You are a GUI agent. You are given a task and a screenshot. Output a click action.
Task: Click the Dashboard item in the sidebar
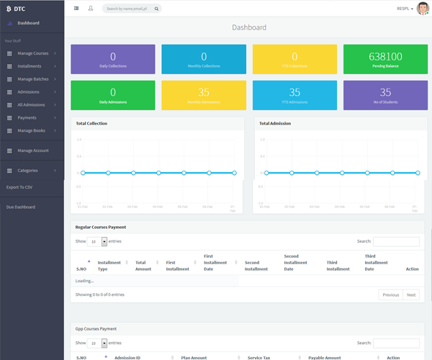28,23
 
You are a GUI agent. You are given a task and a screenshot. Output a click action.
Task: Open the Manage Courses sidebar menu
33,53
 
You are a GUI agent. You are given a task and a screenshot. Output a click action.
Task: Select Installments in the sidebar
30,66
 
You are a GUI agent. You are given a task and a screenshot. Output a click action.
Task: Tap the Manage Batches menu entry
33,79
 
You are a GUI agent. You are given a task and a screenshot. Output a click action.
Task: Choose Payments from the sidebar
27,117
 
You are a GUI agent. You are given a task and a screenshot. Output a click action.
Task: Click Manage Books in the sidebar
31,130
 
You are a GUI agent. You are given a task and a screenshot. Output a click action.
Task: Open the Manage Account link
33,150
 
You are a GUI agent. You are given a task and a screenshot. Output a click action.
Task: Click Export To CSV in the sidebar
19,187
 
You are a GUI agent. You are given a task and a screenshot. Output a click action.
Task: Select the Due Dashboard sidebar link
20,207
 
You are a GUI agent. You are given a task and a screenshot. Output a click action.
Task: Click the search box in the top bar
132,9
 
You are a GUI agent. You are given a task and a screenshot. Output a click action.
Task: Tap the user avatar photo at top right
423,9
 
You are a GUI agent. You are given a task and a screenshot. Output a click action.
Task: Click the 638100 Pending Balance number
385,56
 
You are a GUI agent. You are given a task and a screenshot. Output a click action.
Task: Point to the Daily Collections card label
113,66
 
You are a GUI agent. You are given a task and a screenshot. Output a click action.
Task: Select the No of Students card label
385,102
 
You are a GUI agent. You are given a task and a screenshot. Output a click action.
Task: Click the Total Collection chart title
93,123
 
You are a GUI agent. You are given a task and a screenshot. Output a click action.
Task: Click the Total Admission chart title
275,123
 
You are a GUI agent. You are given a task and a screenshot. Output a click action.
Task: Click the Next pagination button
410,294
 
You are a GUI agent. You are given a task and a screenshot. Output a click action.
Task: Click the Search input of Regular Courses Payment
396,241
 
